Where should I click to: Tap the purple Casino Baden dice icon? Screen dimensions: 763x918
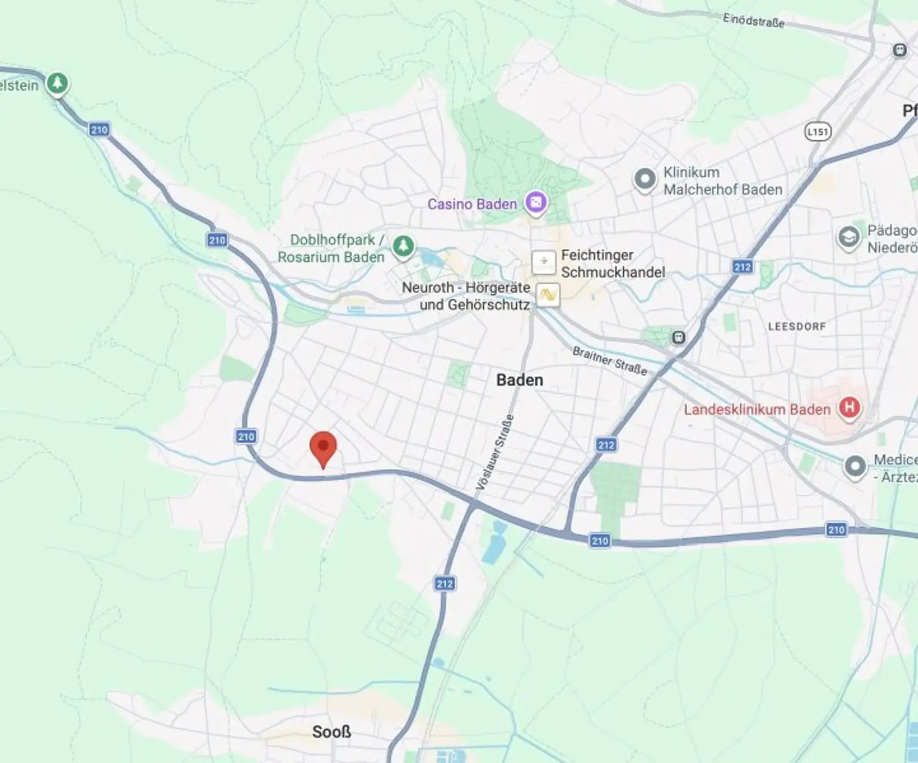(x=535, y=204)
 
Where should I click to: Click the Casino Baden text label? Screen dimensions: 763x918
(x=472, y=204)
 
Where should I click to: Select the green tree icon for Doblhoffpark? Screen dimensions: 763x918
(x=403, y=246)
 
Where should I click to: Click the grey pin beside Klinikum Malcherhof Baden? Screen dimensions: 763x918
(x=645, y=180)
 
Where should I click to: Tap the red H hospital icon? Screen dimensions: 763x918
(x=849, y=408)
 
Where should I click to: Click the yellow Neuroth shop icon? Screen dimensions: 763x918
(x=547, y=295)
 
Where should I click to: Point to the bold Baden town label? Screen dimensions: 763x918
(x=519, y=380)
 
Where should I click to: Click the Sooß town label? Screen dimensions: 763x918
(x=331, y=731)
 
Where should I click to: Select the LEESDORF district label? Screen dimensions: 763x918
(x=797, y=327)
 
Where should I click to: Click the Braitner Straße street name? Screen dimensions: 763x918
(x=610, y=361)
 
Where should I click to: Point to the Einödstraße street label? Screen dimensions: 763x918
(x=753, y=20)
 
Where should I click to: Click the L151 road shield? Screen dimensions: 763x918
(x=818, y=131)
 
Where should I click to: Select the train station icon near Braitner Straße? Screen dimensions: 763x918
(x=678, y=338)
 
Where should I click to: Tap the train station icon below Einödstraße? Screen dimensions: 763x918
(x=899, y=50)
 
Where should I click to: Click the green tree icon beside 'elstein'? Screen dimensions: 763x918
(x=57, y=83)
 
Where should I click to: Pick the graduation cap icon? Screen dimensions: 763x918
(x=847, y=238)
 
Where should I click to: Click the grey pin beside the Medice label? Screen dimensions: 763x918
(x=855, y=466)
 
